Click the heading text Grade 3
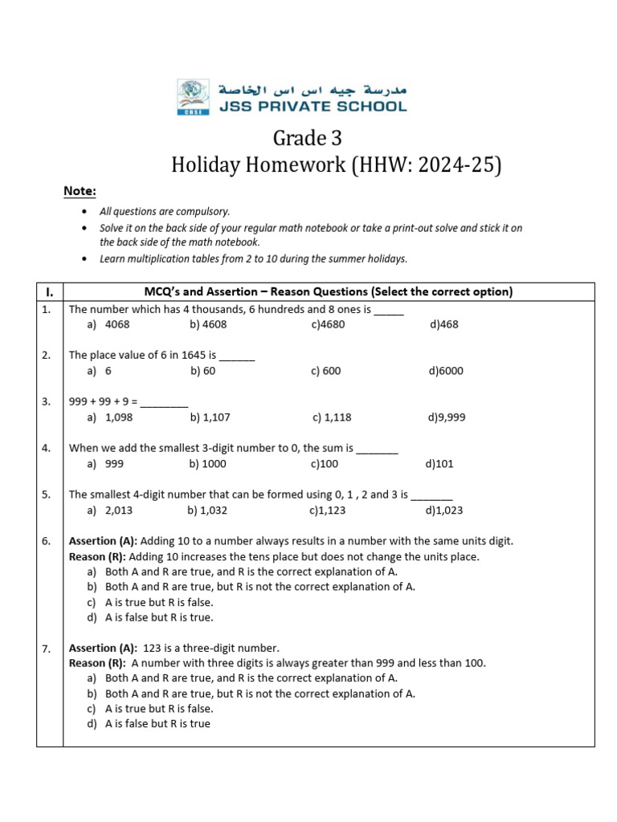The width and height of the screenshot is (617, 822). click(308, 138)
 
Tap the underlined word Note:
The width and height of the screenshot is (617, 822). click(80, 191)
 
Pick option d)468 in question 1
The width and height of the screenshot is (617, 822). click(443, 325)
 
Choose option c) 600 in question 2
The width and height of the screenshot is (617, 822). click(325, 371)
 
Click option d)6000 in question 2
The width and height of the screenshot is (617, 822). click(446, 371)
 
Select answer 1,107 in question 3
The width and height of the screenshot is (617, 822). click(210, 417)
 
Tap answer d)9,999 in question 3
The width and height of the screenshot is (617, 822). click(447, 417)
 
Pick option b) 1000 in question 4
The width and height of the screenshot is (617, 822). click(208, 464)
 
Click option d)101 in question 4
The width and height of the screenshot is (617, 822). click(439, 464)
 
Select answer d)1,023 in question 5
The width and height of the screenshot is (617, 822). click(444, 510)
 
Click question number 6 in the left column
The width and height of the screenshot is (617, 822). click(47, 541)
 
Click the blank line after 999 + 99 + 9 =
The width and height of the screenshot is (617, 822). click(165, 402)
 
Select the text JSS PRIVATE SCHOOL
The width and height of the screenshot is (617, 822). click(313, 106)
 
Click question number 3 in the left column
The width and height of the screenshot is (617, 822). click(47, 402)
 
